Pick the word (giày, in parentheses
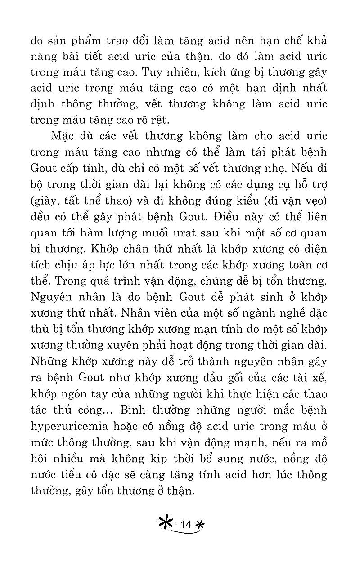pos(43,201)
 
